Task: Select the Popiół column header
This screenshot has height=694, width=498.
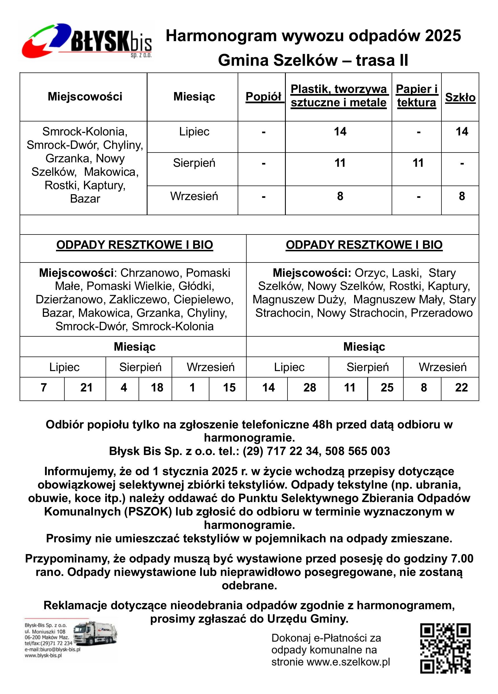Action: pyautogui.click(x=263, y=97)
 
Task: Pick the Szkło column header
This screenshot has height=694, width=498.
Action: pyautogui.click(x=460, y=97)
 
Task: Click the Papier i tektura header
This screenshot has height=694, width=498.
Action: pyautogui.click(x=417, y=96)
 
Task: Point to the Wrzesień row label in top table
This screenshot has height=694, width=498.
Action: pyautogui.click(x=194, y=196)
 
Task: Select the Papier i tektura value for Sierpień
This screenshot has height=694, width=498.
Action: pyautogui.click(x=418, y=163)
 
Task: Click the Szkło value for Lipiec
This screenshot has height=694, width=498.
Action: pyautogui.click(x=462, y=132)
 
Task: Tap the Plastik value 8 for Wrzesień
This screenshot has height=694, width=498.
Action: pyautogui.click(x=340, y=196)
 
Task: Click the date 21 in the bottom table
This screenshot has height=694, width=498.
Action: pyautogui.click(x=86, y=388)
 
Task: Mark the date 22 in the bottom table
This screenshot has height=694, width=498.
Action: pyautogui.click(x=461, y=388)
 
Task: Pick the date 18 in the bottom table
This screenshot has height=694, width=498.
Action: pyautogui.click(x=157, y=388)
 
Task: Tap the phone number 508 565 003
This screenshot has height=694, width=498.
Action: pyautogui.click(x=357, y=451)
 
